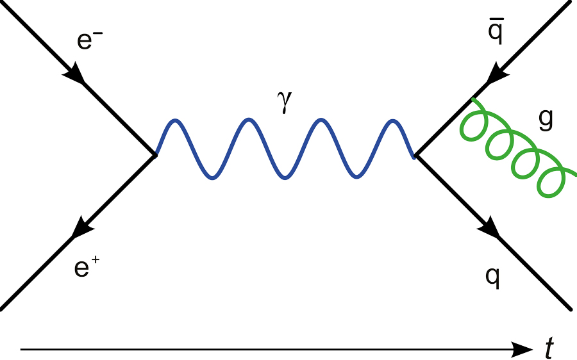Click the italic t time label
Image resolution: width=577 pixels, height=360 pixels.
[x=549, y=349]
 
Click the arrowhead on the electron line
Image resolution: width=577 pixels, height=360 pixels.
[x=75, y=74]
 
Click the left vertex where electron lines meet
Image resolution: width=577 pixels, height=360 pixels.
[x=155, y=154]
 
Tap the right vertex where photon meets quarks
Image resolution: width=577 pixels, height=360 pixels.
[x=415, y=154]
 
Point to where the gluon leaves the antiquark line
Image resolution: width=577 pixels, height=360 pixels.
[x=472, y=99]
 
